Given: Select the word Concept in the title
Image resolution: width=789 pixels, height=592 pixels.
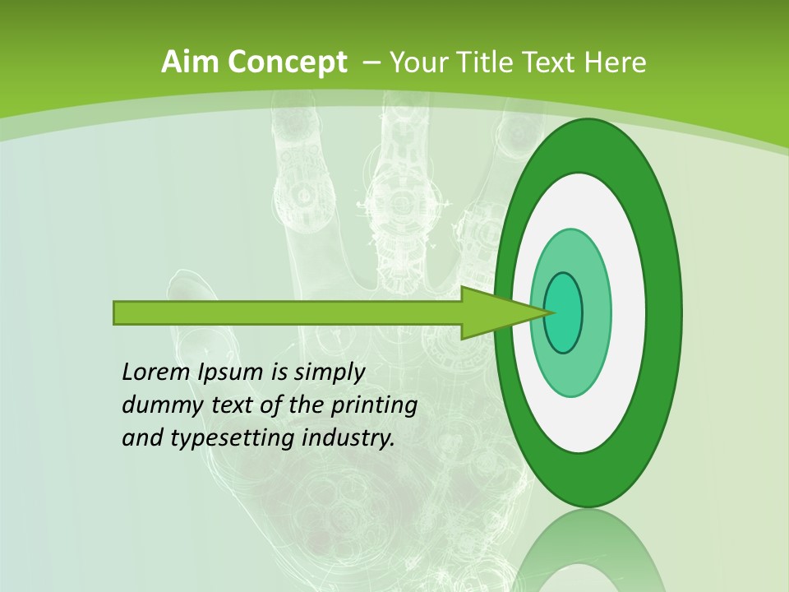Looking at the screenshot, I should pyautogui.click(x=288, y=62).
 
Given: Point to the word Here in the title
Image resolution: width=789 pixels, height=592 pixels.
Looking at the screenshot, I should pyautogui.click(x=616, y=62).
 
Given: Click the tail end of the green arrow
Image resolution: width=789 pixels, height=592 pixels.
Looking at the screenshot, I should pyautogui.click(x=116, y=312).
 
